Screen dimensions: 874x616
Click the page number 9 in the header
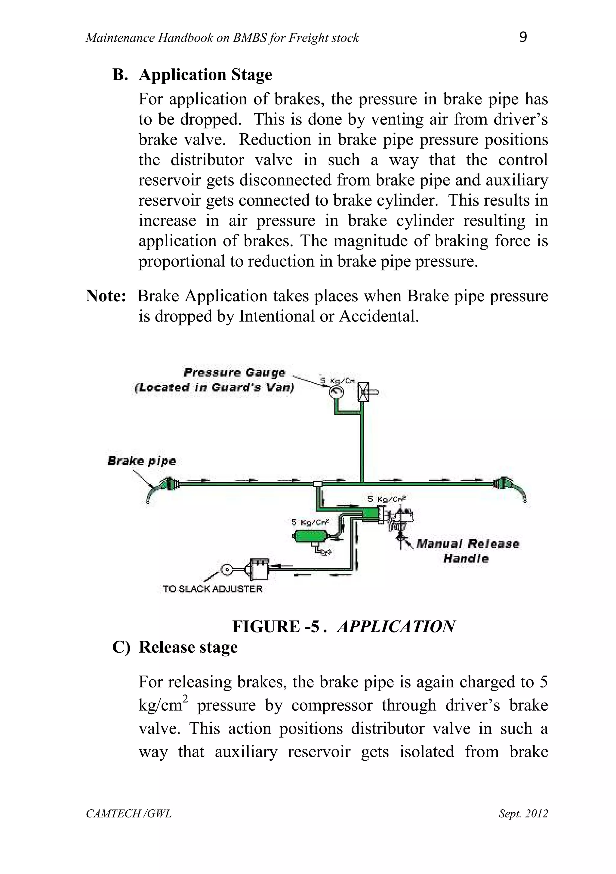pos(523,37)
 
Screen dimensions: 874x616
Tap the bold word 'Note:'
pos(106,296)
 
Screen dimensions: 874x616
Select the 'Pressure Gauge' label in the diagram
pos(234,372)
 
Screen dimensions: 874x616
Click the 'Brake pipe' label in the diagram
pos(142,461)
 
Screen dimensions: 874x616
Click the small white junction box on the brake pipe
pos(317,484)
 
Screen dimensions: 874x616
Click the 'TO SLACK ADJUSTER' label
pos(212,589)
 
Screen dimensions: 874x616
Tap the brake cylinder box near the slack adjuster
pos(258,569)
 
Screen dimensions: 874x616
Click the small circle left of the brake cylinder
pos(226,570)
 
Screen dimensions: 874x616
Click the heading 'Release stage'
pos(188,647)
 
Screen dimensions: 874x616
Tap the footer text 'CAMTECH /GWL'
pos(129,814)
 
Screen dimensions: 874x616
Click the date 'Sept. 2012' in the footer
pos(523,814)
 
